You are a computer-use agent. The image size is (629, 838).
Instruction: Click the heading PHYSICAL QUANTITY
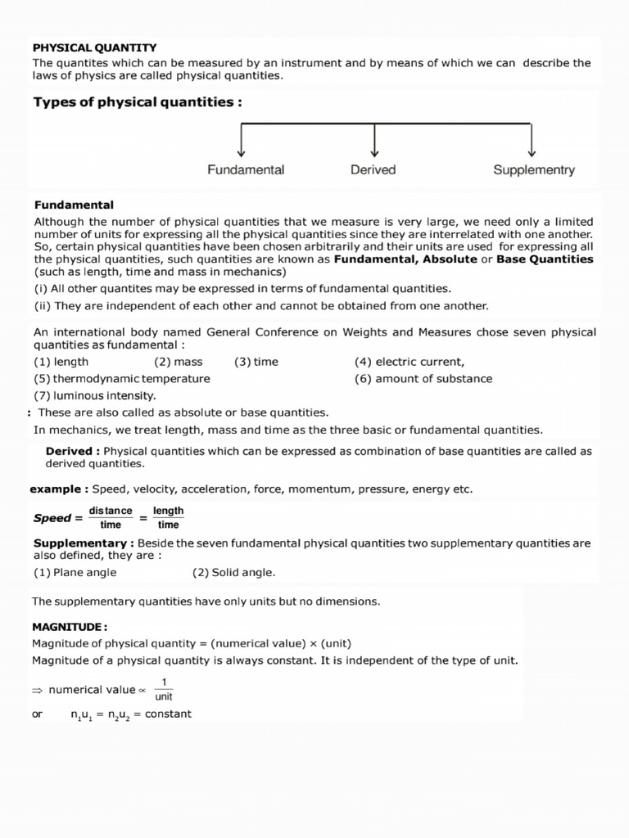coord(94,48)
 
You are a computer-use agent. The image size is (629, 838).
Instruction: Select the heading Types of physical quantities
coord(138,102)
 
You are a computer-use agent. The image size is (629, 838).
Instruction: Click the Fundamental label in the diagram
coord(246,170)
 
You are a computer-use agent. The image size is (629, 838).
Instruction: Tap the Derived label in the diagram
coord(373,170)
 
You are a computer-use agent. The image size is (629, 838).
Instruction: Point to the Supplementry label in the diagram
coord(534,170)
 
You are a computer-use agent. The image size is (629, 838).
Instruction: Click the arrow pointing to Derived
coord(374,140)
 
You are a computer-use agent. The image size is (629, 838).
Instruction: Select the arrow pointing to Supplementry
coord(532,140)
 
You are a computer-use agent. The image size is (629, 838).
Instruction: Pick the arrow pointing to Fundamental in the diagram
coord(242,140)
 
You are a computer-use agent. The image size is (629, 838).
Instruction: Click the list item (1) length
coord(61,362)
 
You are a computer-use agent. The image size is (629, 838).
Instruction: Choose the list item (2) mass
coord(178,362)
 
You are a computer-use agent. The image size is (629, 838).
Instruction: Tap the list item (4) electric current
coord(410,362)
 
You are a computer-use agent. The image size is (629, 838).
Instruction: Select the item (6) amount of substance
coord(423,379)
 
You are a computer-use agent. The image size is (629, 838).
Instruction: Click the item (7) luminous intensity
coord(94,396)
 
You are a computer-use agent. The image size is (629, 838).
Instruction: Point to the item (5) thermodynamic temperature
coord(122,379)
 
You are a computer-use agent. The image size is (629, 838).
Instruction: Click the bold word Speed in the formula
coord(52,518)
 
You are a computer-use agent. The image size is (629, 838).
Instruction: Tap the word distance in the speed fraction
coord(111,511)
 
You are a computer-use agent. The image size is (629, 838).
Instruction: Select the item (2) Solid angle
coord(234,573)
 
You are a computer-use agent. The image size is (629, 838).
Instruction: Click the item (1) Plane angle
coord(75,573)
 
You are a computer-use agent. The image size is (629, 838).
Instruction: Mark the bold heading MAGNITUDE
coord(70,627)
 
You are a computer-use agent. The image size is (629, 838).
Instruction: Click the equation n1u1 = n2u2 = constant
coord(131,714)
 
